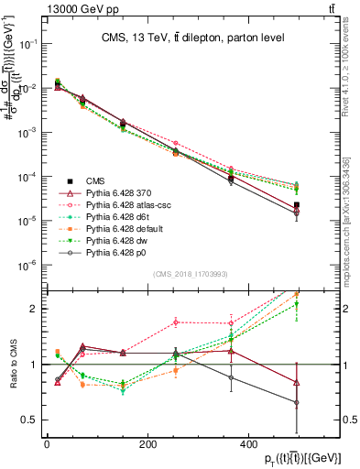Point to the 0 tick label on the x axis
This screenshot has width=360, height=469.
click(47, 443)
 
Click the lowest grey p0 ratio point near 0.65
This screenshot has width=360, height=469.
click(296, 402)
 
